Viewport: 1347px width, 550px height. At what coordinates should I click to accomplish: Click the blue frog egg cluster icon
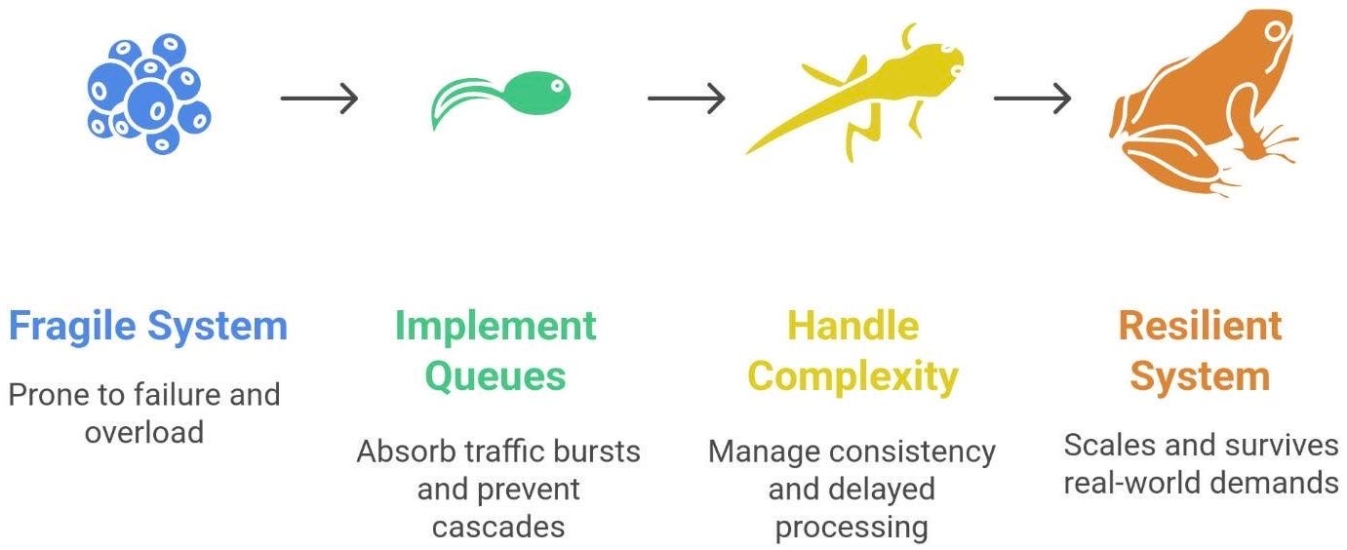pyautogui.click(x=148, y=95)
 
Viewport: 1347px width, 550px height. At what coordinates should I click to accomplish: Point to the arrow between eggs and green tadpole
pyautogui.click(x=319, y=98)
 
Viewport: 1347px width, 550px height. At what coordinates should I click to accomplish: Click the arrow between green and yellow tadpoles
pyautogui.click(x=686, y=98)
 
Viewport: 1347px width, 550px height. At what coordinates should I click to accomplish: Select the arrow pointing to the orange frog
pyautogui.click(x=1032, y=98)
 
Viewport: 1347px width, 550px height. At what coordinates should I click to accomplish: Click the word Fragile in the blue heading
pyautogui.click(x=69, y=326)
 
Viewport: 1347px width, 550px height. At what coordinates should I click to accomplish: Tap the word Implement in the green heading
pyautogui.click(x=495, y=326)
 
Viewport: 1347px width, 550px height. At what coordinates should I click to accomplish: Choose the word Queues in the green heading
pyautogui.click(x=495, y=376)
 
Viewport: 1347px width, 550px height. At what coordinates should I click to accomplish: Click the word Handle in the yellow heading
pyautogui.click(x=852, y=326)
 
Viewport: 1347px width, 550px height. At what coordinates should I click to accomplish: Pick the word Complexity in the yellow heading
pyautogui.click(x=852, y=376)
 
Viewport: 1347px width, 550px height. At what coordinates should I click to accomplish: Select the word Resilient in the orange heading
pyautogui.click(x=1200, y=326)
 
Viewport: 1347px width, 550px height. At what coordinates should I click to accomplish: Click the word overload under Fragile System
pyautogui.click(x=143, y=432)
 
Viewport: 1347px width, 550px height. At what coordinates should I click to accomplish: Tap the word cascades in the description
pyautogui.click(x=498, y=527)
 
